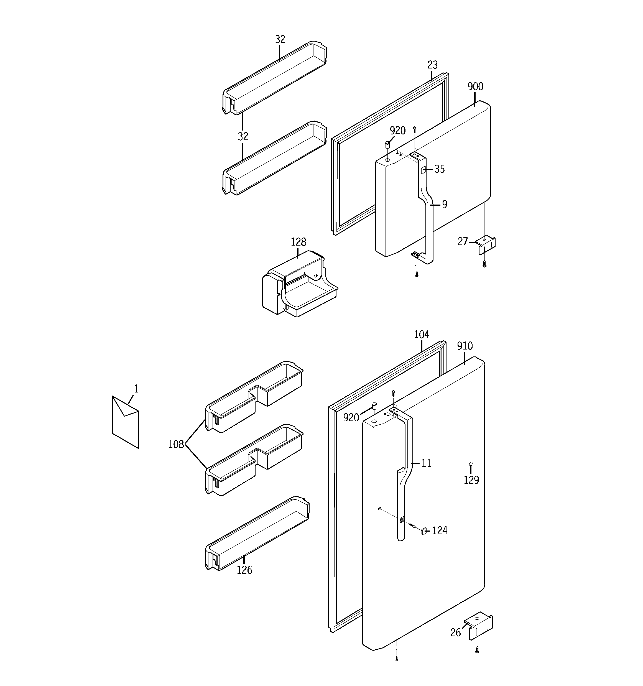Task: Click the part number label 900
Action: (475, 86)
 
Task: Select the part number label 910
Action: (465, 346)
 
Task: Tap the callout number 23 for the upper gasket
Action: (432, 65)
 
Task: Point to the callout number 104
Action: (422, 334)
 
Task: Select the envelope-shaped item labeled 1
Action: (125, 422)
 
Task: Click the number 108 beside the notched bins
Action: (176, 445)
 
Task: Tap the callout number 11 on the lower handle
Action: (426, 463)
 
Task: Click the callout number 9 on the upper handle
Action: (445, 205)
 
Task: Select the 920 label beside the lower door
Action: (351, 418)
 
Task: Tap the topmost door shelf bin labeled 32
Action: (274, 78)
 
